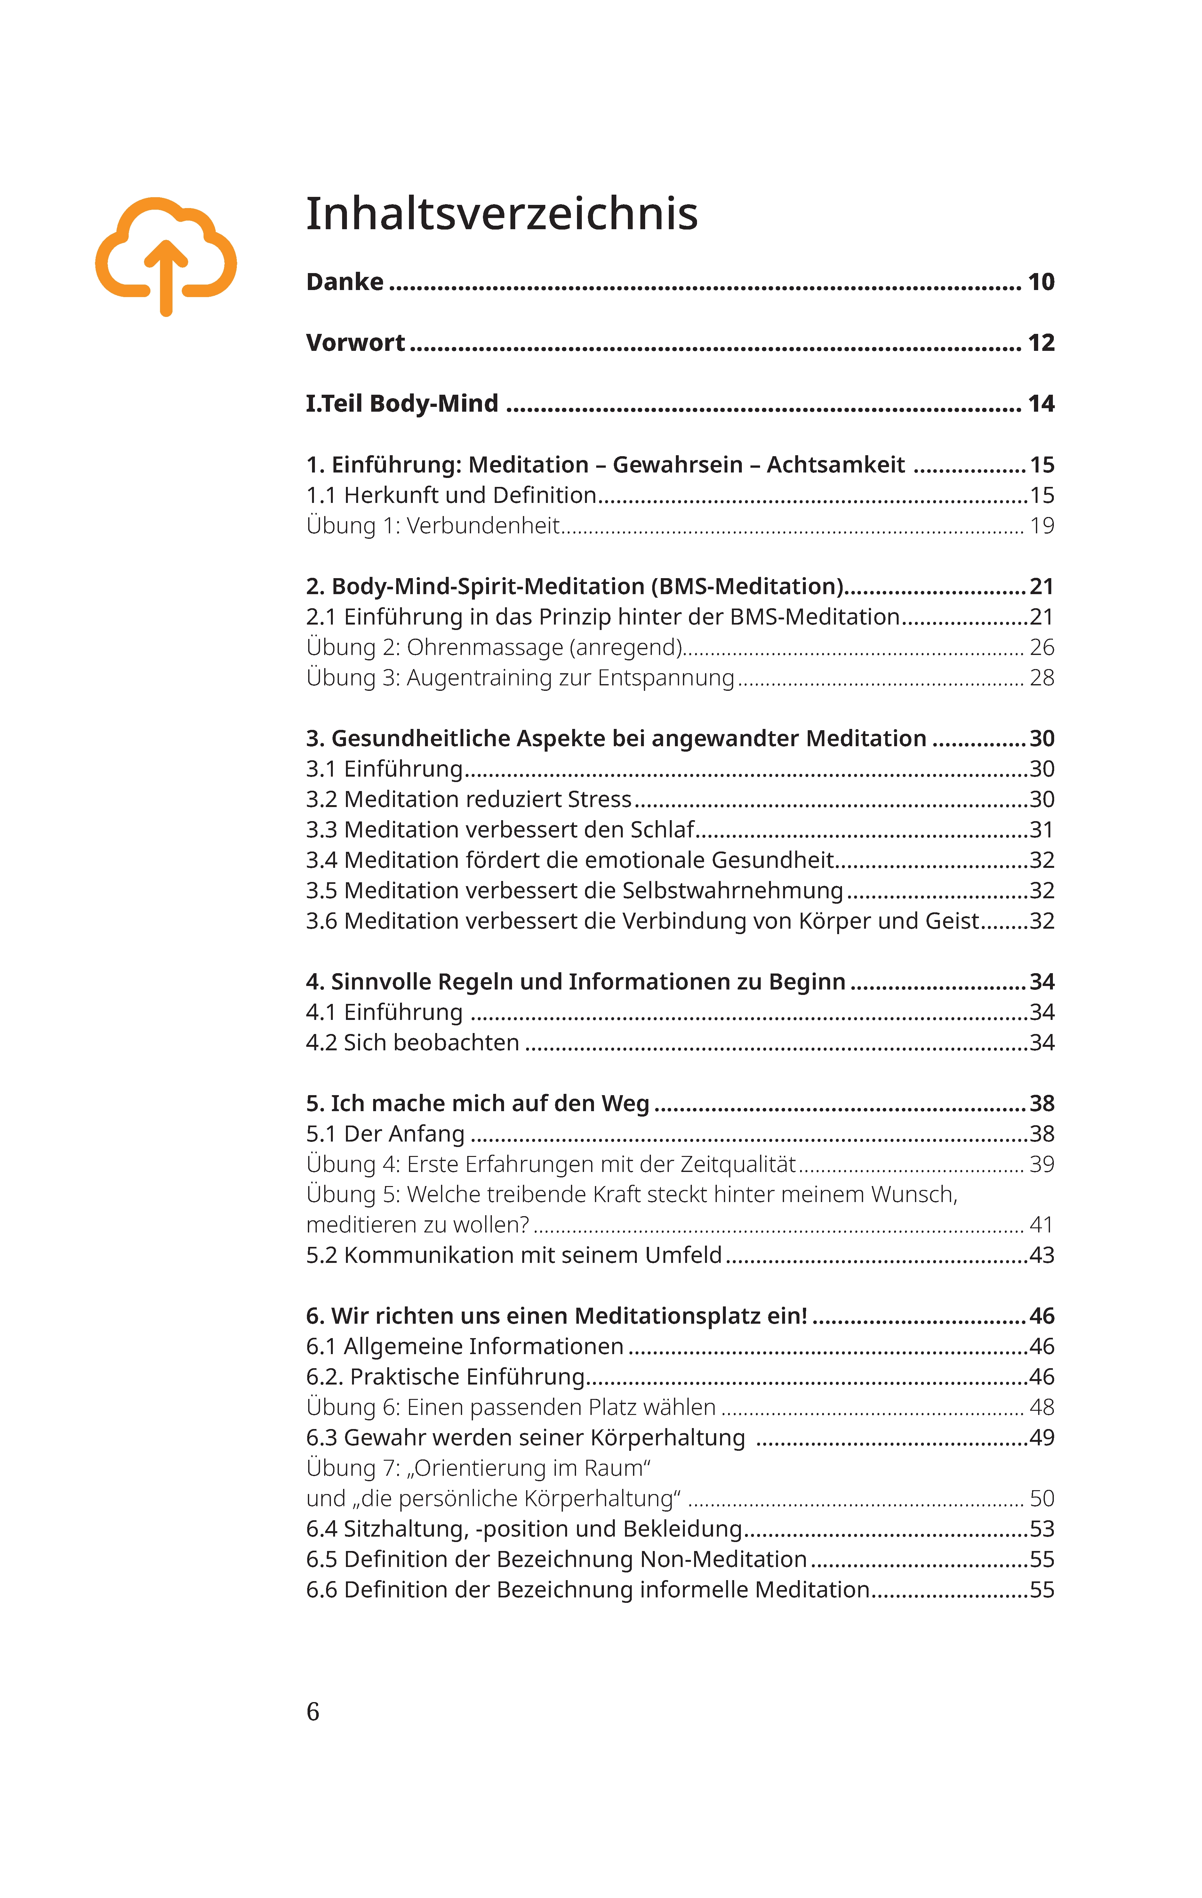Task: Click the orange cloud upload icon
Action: coord(165,256)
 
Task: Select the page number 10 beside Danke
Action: coord(1040,282)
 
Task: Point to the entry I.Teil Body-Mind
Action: coord(402,404)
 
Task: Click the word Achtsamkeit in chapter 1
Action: coord(836,465)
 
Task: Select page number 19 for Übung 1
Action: coord(1041,526)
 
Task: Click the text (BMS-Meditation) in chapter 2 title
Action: coord(747,586)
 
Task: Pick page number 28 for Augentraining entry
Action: coord(1041,678)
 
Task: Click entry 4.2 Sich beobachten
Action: coord(412,1043)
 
